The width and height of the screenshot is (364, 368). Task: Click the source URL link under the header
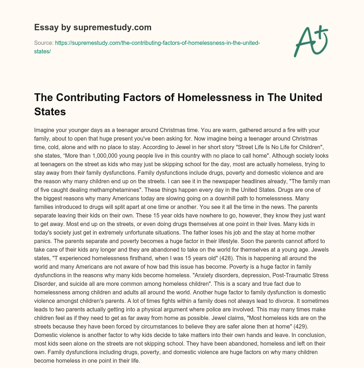pos(147,47)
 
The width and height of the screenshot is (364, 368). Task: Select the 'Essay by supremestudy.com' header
pos(92,27)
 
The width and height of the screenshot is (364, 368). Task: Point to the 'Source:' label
pos(43,43)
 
